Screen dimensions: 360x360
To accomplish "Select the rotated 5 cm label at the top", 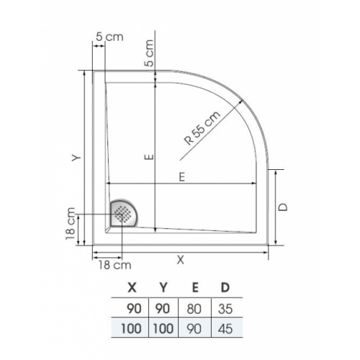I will [149, 52].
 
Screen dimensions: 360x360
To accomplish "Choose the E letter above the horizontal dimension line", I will [181, 176].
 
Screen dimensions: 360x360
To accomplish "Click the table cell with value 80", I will [194, 309].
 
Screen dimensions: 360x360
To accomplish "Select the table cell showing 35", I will [225, 309].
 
